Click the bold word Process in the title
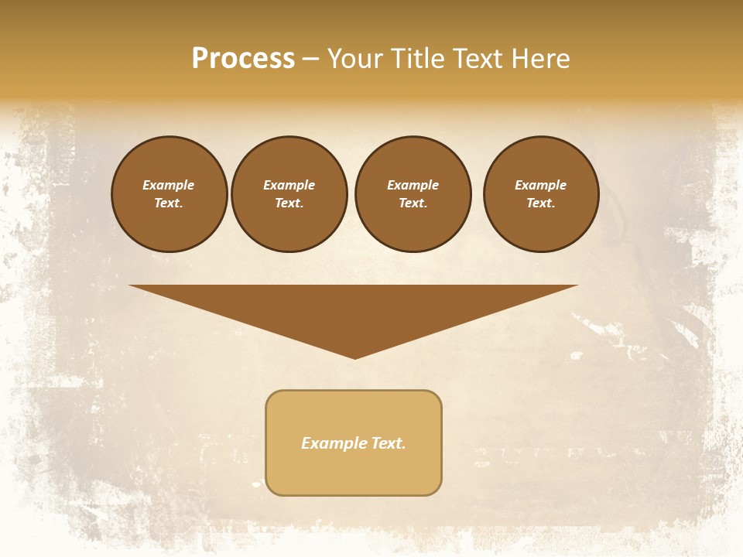coord(243,59)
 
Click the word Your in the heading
coord(354,59)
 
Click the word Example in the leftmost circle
coord(169,185)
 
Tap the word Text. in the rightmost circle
coord(541,203)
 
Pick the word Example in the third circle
coord(413,185)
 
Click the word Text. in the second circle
coord(289,203)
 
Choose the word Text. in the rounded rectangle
coord(389,443)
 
